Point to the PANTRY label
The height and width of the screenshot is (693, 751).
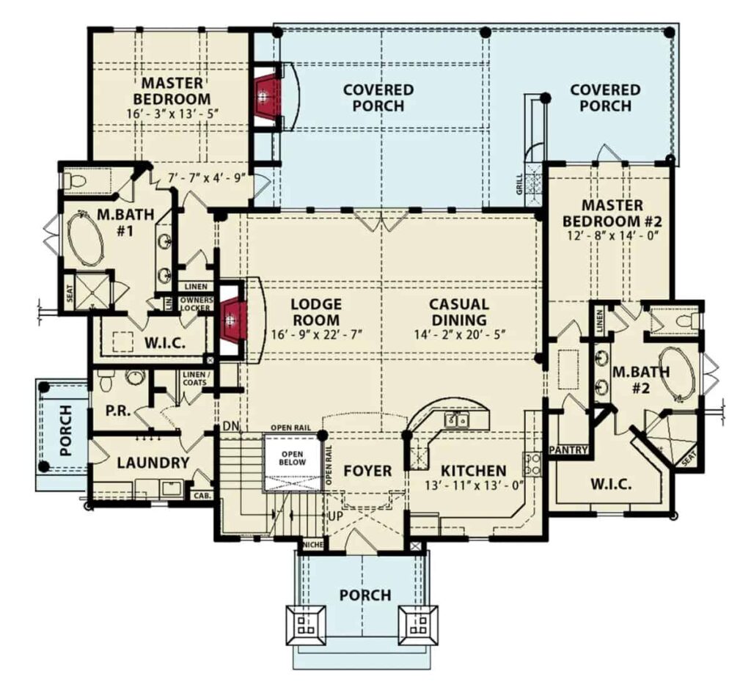click(568, 450)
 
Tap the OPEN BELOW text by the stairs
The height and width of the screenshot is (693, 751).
click(293, 458)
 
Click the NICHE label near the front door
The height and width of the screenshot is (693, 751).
click(312, 545)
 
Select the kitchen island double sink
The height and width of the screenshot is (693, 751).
click(456, 420)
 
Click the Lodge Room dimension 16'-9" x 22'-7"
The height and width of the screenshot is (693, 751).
click(316, 334)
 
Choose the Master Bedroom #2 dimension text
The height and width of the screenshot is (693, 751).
click(612, 235)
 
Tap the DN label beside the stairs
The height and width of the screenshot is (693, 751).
click(231, 426)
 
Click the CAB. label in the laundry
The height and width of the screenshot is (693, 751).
click(202, 496)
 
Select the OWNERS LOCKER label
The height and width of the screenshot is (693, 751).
click(195, 304)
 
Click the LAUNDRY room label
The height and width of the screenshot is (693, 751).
click(153, 463)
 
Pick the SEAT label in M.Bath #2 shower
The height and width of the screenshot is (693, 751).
click(689, 459)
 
